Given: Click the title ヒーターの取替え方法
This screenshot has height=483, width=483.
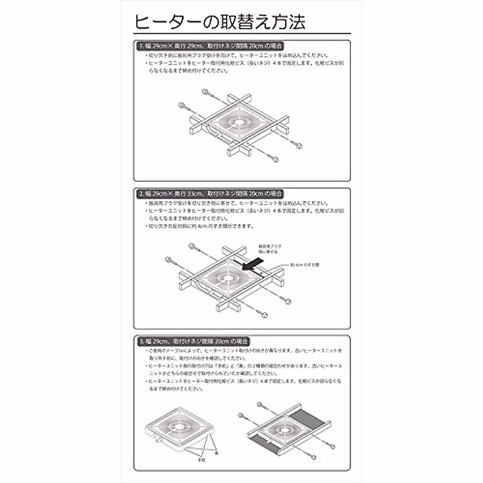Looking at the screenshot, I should pos(220,22).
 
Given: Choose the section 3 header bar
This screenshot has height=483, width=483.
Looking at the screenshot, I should pos(194,341).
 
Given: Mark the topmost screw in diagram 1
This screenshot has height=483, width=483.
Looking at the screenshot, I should pos(205,92).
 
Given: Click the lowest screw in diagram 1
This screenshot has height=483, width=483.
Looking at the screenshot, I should pos(275,159).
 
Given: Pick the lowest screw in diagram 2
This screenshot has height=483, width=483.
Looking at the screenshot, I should pos(264,315).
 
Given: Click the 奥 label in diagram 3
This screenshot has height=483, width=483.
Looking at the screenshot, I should pos(217,453).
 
